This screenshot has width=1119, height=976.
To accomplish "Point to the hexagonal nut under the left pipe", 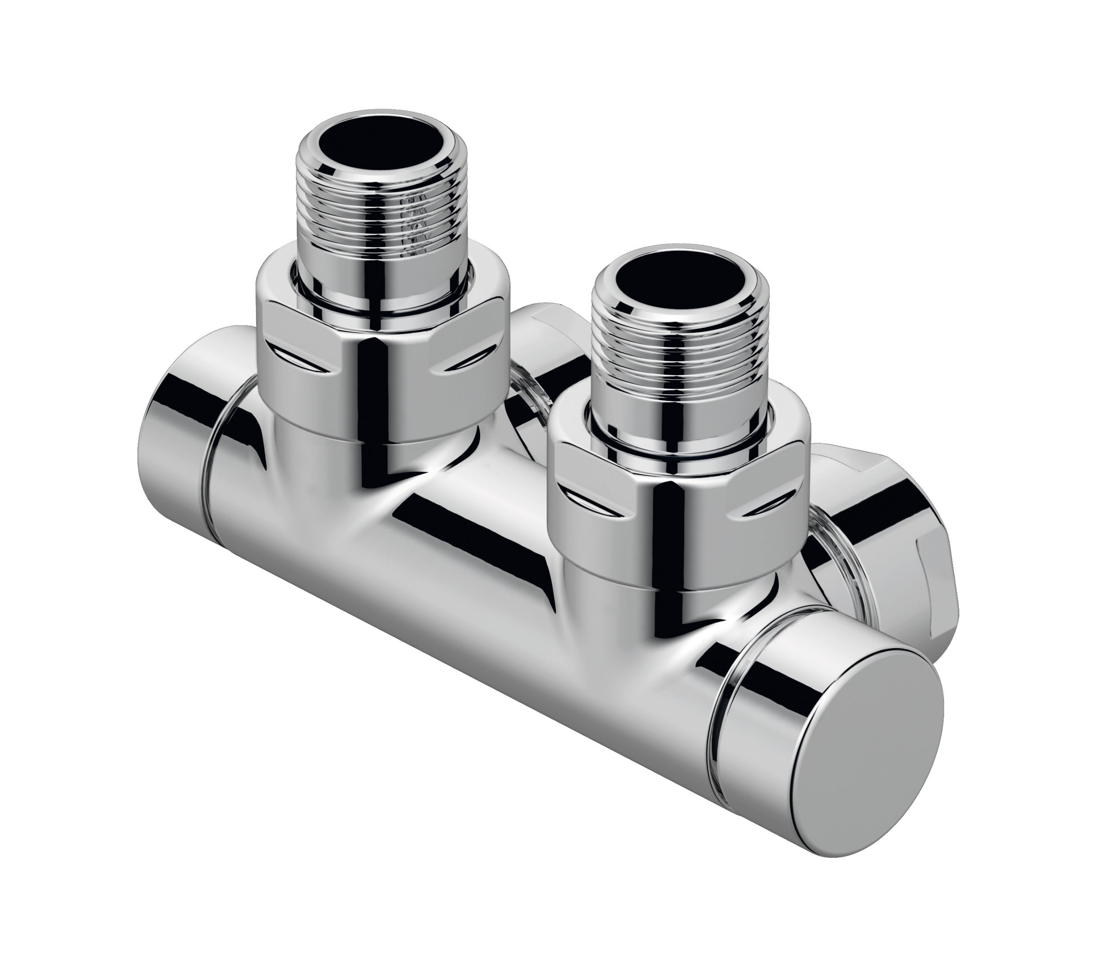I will point(381,349).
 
